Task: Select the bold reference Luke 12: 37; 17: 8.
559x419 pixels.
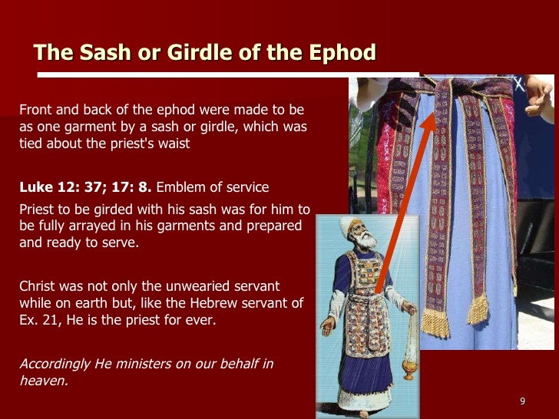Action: [x=86, y=186]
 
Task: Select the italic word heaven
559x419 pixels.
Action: [x=43, y=379]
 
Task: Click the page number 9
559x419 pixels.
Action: [x=522, y=401]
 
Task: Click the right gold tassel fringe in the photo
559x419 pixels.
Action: [x=477, y=309]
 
